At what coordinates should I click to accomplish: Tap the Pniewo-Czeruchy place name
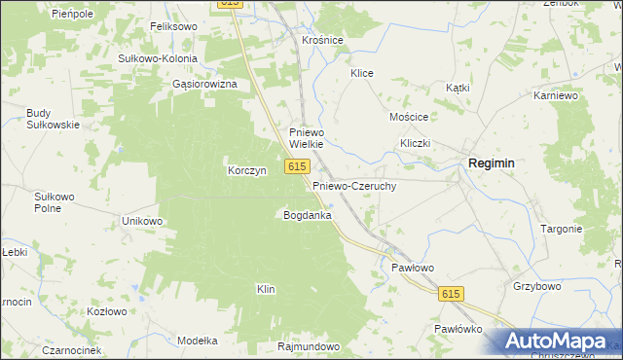click(353, 185)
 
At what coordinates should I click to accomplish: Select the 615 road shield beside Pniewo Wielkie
click(298, 168)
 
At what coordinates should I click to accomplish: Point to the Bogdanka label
click(307, 214)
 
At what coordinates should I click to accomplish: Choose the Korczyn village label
click(246, 170)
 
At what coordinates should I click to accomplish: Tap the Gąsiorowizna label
click(204, 84)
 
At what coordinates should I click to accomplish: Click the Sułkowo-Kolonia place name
click(158, 58)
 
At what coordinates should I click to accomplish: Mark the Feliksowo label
click(173, 27)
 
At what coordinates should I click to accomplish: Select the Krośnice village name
click(322, 41)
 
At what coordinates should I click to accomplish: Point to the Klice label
click(362, 73)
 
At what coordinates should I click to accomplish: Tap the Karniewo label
click(557, 96)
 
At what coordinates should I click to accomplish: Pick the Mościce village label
click(409, 116)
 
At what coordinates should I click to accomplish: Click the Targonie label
click(561, 229)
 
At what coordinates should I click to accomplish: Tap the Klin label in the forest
click(266, 289)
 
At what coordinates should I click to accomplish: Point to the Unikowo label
click(141, 221)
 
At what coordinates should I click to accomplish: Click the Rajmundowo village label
click(308, 346)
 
